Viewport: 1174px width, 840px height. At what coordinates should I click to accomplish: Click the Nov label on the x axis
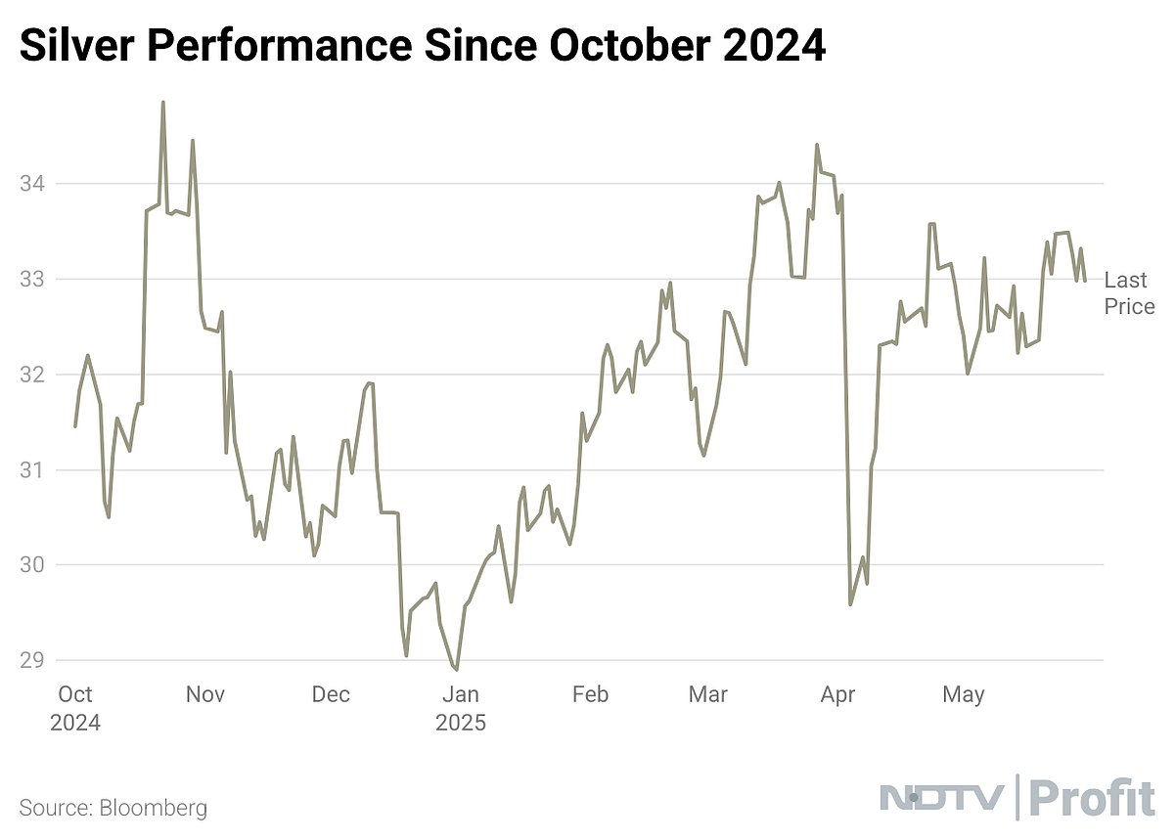click(x=205, y=695)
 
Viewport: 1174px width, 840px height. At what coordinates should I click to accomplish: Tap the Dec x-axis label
click(x=331, y=695)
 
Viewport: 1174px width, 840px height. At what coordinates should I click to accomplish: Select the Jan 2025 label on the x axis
click(x=461, y=709)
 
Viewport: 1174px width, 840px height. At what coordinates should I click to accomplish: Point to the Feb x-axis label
click(x=590, y=695)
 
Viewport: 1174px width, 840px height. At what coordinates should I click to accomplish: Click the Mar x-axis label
click(x=707, y=695)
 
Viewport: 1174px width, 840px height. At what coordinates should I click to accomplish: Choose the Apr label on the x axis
click(x=837, y=695)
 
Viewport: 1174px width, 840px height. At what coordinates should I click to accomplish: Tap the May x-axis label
click(x=964, y=695)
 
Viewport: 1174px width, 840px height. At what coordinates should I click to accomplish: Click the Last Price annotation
click(x=1129, y=293)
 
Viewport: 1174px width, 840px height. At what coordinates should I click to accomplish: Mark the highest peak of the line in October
click(x=162, y=102)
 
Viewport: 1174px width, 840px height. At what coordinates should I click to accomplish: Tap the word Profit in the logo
click(x=1093, y=799)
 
